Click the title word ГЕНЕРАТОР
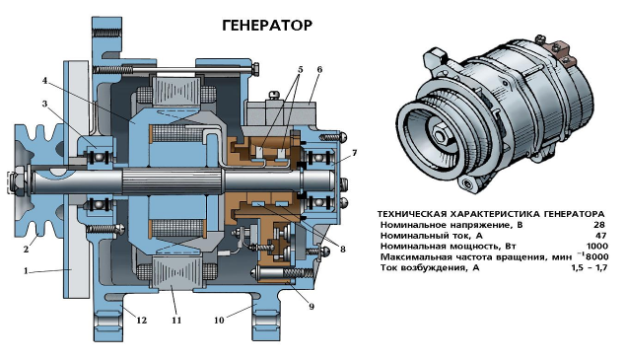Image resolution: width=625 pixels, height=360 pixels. point(267,26)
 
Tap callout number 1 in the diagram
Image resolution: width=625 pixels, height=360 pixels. point(26,271)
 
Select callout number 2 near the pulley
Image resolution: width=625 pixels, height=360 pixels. point(26,250)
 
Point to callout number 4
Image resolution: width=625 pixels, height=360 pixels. point(44,81)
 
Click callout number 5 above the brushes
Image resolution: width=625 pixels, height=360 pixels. point(300,70)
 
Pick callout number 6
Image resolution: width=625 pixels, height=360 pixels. point(319,69)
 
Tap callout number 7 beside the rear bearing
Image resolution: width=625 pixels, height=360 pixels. point(354,153)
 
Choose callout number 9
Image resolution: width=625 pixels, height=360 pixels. point(312,306)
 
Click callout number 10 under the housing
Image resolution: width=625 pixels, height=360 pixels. point(219,320)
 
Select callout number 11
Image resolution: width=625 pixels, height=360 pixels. point(176,320)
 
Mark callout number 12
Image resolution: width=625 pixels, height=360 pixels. point(142,320)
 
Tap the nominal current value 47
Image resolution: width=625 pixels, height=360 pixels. point(600,235)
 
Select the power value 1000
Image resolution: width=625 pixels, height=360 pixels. point(597,246)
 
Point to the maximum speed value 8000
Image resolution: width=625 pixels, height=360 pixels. point(596,256)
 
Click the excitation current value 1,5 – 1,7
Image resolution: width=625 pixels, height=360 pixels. point(590,267)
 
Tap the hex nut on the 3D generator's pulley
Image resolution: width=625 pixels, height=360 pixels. point(440,135)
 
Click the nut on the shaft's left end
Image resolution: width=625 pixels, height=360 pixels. point(17,182)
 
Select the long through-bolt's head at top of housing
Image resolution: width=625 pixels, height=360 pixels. point(255,70)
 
